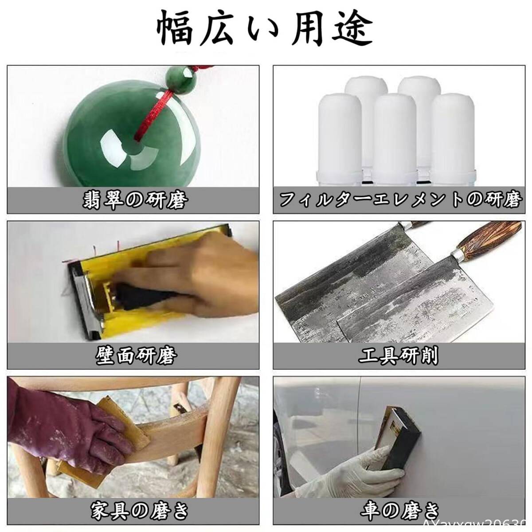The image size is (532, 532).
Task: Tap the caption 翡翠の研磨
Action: [135, 200]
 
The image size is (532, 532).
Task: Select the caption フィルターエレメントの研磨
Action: [400, 200]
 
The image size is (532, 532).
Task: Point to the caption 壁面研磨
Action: [136, 356]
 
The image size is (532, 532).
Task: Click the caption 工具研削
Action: [399, 356]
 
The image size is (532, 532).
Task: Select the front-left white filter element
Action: [340, 139]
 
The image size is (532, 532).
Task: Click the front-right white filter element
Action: [453, 139]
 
